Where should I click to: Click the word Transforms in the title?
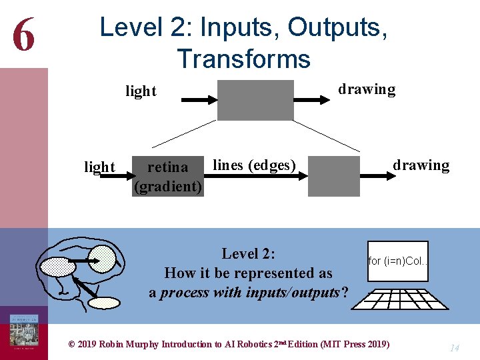[243, 59]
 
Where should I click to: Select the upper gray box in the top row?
[255, 100]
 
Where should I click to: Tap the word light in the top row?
[141, 91]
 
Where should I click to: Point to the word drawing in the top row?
[366, 89]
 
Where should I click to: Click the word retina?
[167, 167]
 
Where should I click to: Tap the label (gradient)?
[168, 187]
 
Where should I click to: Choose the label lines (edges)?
[254, 165]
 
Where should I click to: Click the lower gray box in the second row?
[337, 176]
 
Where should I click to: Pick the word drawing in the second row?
[421, 165]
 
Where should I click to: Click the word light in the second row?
[99, 167]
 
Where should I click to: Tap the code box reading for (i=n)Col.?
[398, 261]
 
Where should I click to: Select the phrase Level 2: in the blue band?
[249, 253]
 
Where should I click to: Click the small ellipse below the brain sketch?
[104, 303]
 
